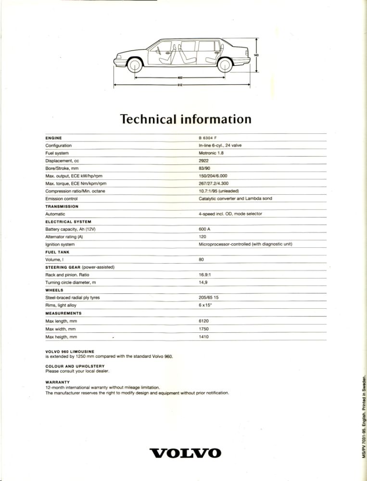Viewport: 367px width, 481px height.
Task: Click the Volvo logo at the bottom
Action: (186, 453)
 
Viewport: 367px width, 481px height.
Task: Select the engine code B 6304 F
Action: (208, 138)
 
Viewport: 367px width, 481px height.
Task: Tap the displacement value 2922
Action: (203, 161)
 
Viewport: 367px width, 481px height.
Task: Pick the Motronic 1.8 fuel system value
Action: (211, 153)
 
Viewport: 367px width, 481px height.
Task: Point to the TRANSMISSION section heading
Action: (62, 206)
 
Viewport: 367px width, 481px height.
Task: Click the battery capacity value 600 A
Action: (205, 229)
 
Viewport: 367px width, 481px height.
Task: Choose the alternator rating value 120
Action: (202, 237)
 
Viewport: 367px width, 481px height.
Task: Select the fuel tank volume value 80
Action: (201, 259)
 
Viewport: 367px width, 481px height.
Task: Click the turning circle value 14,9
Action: (203, 282)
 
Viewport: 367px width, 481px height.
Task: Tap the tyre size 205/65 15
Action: (209, 298)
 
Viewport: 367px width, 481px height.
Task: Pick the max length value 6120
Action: (203, 321)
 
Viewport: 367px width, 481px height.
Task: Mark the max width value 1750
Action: (203, 329)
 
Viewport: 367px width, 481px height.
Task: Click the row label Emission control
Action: (62, 199)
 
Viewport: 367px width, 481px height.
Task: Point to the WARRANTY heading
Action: (58, 383)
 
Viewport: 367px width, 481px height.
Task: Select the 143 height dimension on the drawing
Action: (256, 55)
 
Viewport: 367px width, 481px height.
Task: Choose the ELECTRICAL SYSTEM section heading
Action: (68, 221)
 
